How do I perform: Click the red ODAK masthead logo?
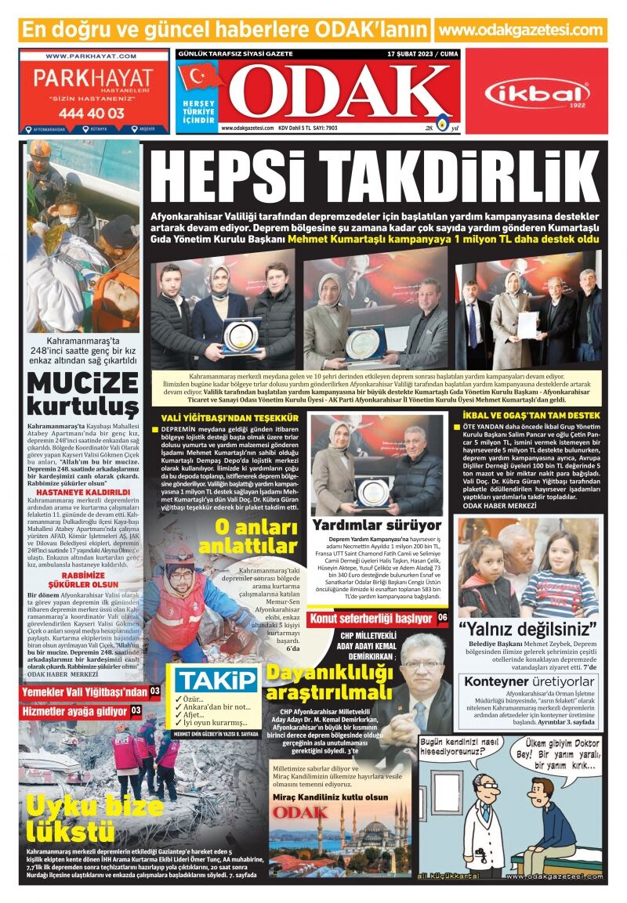339,92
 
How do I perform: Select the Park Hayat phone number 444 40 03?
91,113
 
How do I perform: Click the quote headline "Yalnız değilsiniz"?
527,627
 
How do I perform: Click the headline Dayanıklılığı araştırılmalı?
329,682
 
